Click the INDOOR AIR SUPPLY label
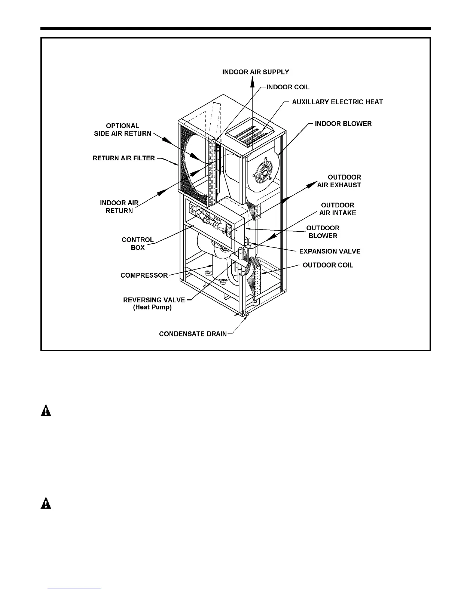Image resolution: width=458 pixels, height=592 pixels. tap(256, 72)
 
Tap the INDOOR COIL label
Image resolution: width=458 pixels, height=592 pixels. tap(288, 87)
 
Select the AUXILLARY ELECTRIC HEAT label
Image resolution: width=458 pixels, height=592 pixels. tap(337, 102)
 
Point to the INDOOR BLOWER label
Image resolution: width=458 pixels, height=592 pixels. tap(343, 124)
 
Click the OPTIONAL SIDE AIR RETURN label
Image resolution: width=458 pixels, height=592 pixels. tap(122, 130)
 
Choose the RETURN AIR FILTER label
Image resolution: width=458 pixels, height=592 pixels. tap(123, 158)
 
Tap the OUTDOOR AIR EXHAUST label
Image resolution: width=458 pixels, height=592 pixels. tap(339, 181)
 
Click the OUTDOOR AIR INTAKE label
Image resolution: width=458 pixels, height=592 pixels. tap(338, 209)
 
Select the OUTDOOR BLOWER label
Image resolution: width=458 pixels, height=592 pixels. tap(323, 232)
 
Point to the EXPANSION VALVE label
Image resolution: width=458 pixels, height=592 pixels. tap(330, 251)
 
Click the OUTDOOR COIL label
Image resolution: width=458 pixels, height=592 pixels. tap(328, 265)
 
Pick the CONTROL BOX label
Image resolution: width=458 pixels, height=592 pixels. tap(138, 244)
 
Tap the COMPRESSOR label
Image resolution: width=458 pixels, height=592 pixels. tap(144, 275)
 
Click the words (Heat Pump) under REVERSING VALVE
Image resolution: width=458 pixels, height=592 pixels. tap(152, 308)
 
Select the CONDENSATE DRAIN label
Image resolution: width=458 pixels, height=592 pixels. tap(193, 334)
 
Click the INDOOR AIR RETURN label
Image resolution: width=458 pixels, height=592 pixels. tap(119, 207)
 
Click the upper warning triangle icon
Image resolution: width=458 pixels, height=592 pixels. tap(46, 410)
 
